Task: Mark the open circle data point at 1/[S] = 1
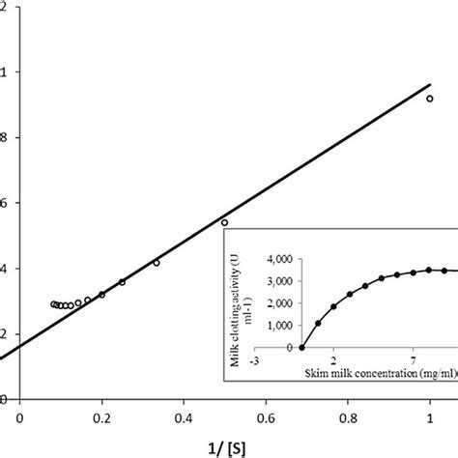click(x=430, y=99)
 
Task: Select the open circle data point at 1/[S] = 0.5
click(x=225, y=222)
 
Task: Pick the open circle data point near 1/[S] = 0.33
click(x=157, y=262)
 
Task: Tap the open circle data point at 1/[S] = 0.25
click(x=122, y=282)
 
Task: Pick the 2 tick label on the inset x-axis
click(x=332, y=358)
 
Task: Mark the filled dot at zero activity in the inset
click(x=301, y=347)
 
